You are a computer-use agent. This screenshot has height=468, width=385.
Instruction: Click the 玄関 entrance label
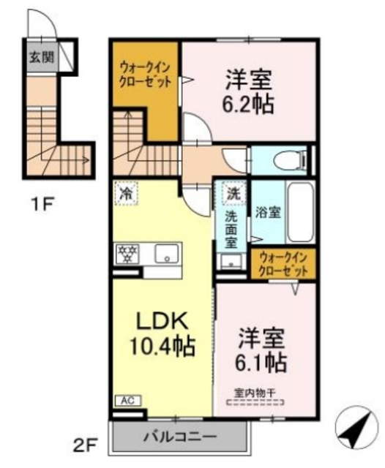[x=42, y=58]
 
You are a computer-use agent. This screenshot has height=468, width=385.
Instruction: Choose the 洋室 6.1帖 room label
[x=261, y=351]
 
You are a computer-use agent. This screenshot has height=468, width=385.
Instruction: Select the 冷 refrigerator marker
[x=126, y=195]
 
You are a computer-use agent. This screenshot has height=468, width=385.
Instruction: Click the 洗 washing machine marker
[x=231, y=194]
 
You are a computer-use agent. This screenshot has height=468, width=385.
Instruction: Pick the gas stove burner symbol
[x=130, y=254]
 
